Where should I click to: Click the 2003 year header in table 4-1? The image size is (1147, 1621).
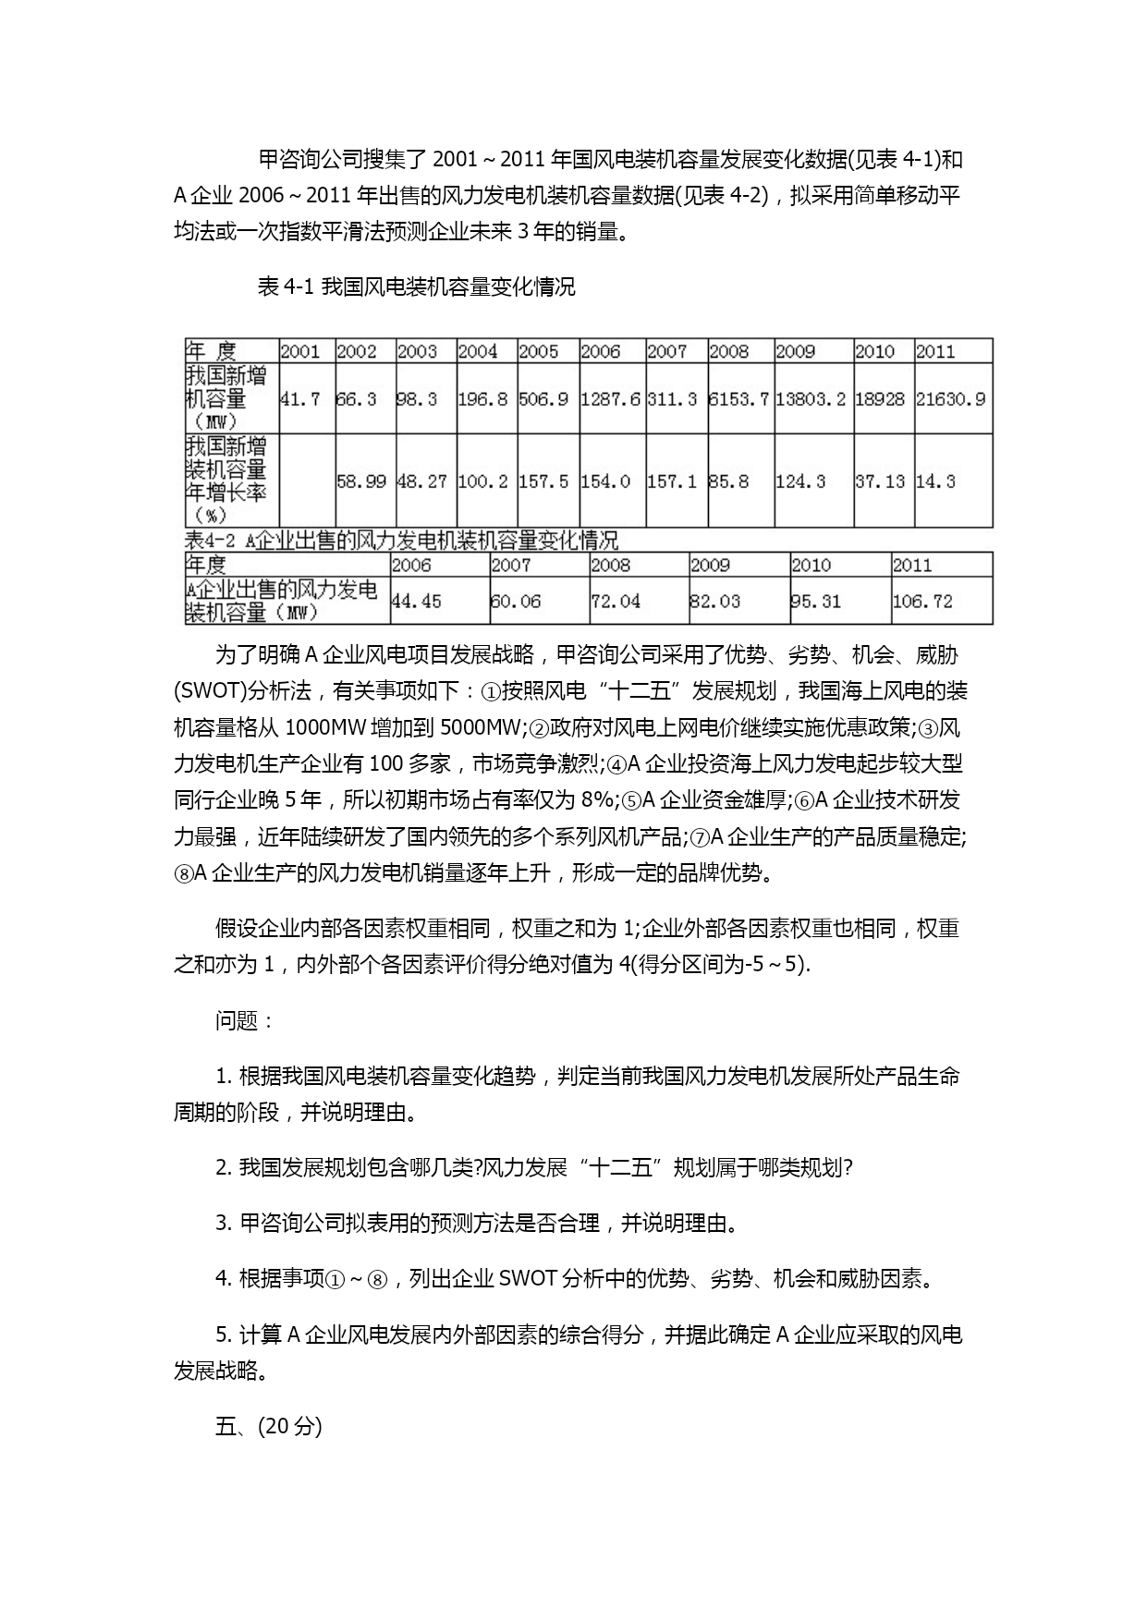[x=417, y=351]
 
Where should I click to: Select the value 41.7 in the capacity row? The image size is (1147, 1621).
[x=299, y=399]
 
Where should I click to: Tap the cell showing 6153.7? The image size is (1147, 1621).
[x=738, y=399]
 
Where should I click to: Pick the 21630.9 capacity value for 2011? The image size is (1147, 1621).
[x=950, y=399]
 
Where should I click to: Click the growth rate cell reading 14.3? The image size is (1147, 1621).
[x=935, y=481]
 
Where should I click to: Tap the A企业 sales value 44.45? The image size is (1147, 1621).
[x=416, y=602]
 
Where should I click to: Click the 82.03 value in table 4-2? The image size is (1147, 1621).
[x=714, y=602]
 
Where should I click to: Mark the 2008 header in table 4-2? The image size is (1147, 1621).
[x=610, y=566]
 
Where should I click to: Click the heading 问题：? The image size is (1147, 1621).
[x=245, y=1020]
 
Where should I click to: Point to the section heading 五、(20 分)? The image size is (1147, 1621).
[x=268, y=1426]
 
